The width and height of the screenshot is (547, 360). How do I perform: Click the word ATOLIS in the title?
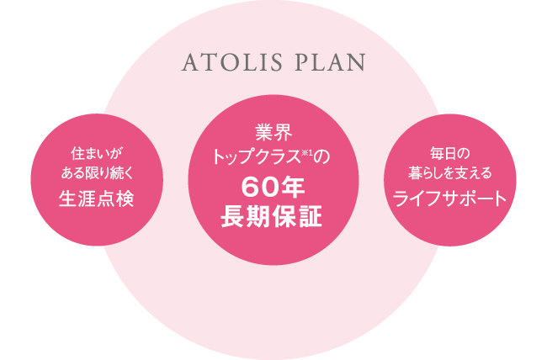(x=231, y=63)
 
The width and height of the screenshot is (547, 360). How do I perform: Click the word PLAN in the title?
(x=331, y=63)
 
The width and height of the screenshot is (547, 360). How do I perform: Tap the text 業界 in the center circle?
(x=273, y=133)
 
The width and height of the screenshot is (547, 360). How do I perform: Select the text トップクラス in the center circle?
(x=257, y=157)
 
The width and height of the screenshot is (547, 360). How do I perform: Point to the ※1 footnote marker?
(x=307, y=152)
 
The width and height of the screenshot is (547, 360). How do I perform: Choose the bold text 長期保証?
(x=272, y=217)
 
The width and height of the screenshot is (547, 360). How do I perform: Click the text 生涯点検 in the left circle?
(x=97, y=199)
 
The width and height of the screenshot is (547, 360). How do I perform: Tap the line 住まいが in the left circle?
(x=98, y=153)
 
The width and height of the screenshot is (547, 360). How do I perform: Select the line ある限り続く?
(x=98, y=173)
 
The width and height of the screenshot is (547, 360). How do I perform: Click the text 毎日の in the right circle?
(x=450, y=153)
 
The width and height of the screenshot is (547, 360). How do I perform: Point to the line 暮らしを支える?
(x=450, y=173)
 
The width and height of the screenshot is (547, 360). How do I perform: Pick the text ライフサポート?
(x=450, y=199)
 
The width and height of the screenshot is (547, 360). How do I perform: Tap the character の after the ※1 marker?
(x=321, y=157)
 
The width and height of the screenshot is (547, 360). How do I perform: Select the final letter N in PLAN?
(x=357, y=63)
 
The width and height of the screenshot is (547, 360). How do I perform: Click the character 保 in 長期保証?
(x=284, y=217)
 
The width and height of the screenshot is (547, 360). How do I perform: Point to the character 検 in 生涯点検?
(x=125, y=199)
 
